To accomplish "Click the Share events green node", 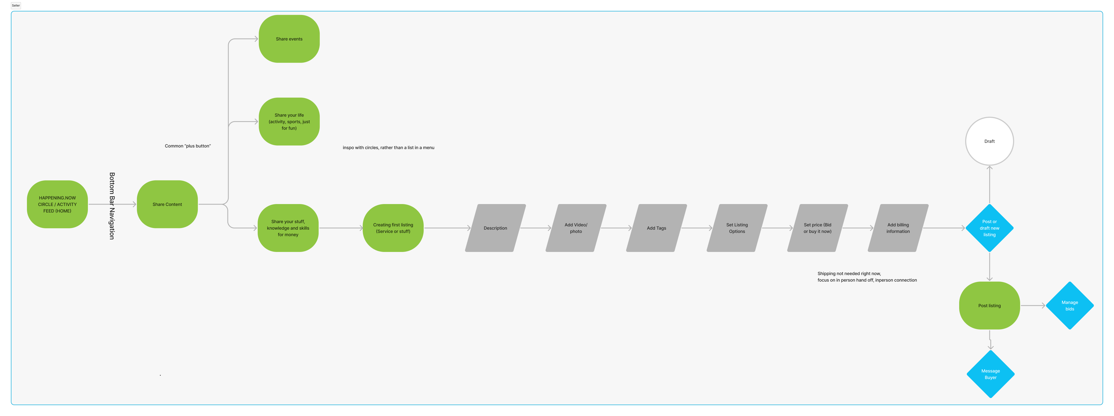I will pyautogui.click(x=289, y=39).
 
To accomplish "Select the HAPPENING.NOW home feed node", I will pyautogui.click(x=57, y=204).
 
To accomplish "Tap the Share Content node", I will pyautogui.click(x=167, y=204).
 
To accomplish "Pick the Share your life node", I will pyautogui.click(x=289, y=122).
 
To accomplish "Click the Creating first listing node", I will pyautogui.click(x=393, y=228).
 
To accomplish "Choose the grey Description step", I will pyautogui.click(x=495, y=228).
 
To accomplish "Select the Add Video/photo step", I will pyautogui.click(x=576, y=228).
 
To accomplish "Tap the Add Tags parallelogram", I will pyautogui.click(x=656, y=228).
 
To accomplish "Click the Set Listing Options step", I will pyautogui.click(x=737, y=228).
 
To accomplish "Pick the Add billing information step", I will pyautogui.click(x=898, y=228).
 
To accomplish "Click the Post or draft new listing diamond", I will pyautogui.click(x=989, y=228).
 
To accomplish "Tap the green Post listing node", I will pyautogui.click(x=989, y=305).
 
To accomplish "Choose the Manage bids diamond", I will pyautogui.click(x=1069, y=305).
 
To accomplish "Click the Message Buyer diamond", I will pyautogui.click(x=990, y=374).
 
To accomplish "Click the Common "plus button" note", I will pyautogui.click(x=188, y=146).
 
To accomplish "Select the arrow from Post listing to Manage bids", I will pyautogui.click(x=1033, y=305).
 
